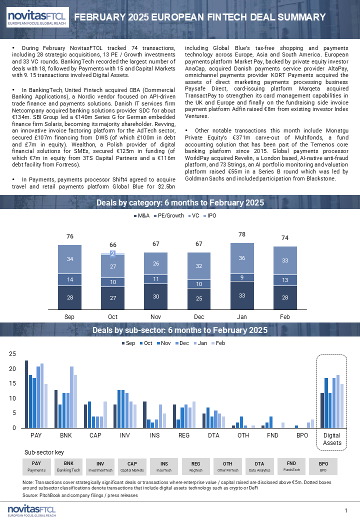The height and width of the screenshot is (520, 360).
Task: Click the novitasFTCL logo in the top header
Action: click(x=38, y=17)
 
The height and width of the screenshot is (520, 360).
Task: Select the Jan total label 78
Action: click(x=242, y=234)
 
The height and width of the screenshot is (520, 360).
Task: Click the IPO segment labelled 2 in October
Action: click(x=112, y=253)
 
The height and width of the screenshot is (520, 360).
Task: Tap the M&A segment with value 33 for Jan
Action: click(x=242, y=295)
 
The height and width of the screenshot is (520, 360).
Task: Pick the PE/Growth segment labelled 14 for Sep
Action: click(x=70, y=279)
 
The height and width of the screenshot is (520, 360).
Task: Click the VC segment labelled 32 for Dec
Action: click(x=199, y=266)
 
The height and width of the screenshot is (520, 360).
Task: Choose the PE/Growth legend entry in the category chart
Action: click(x=168, y=215)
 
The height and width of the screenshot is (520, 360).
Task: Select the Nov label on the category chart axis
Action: click(x=156, y=316)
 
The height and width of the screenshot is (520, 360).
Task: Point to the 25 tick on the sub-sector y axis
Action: click(x=12, y=354)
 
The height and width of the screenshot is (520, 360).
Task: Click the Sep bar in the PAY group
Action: click(x=26, y=394)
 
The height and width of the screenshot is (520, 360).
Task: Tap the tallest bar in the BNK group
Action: click(x=71, y=397)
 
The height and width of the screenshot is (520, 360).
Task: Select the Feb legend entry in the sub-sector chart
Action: click(x=218, y=343)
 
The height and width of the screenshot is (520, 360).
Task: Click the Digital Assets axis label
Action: click(x=332, y=439)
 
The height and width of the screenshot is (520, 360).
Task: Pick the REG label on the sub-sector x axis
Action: click(x=184, y=435)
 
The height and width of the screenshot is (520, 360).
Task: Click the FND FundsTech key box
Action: click(x=291, y=466)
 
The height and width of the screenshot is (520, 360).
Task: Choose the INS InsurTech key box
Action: click(x=164, y=466)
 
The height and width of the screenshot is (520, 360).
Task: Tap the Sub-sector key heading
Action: click(x=44, y=452)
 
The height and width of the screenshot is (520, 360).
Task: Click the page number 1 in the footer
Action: click(x=345, y=510)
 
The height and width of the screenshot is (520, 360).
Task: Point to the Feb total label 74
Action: click(x=285, y=238)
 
